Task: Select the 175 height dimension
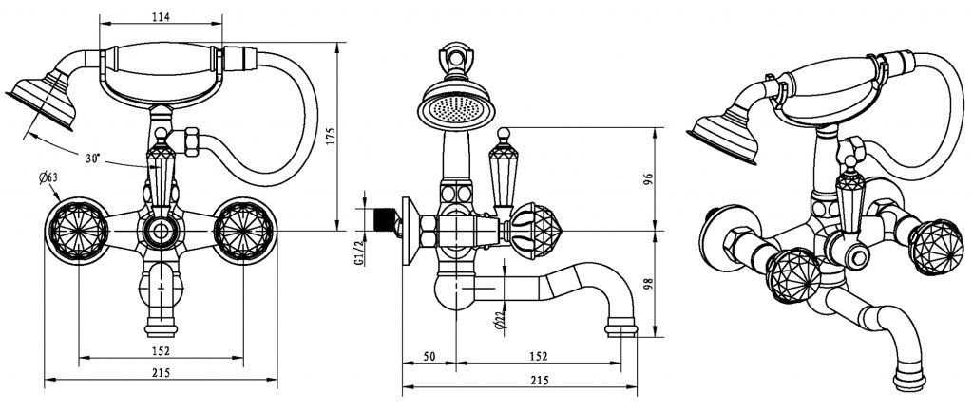click(356, 135)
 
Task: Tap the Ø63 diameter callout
click(48, 177)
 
